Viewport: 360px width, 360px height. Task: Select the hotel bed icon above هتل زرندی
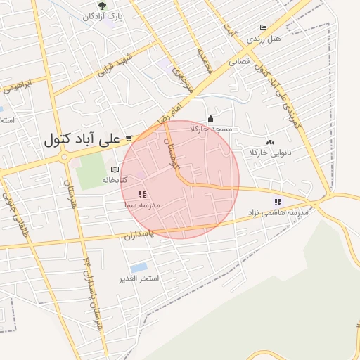click(x=263, y=27)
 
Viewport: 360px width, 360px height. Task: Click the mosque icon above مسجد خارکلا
click(x=210, y=119)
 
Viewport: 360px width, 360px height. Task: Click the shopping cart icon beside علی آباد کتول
click(x=129, y=139)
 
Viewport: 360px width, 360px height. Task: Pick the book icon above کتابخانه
click(x=115, y=169)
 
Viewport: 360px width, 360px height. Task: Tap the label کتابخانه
click(x=115, y=180)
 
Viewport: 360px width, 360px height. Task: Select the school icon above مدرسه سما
click(x=142, y=194)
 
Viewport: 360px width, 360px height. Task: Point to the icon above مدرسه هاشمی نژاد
click(x=278, y=202)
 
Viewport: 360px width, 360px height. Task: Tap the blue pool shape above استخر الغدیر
click(x=139, y=268)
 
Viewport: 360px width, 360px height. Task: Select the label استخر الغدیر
click(x=139, y=279)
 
